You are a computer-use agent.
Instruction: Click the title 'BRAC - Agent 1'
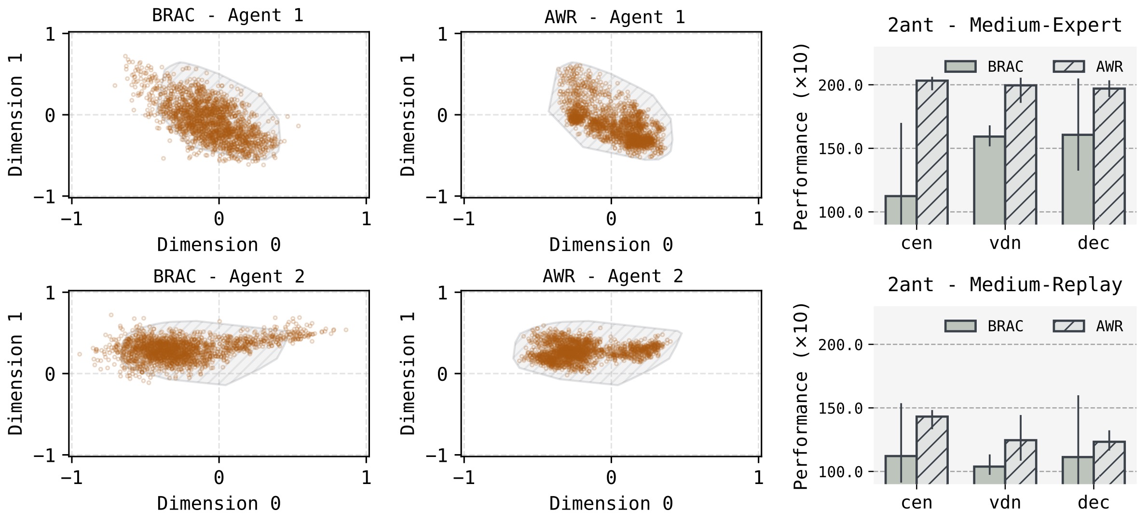228,15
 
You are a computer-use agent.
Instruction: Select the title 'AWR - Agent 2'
613,276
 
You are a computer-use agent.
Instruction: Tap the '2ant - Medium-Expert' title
1005,25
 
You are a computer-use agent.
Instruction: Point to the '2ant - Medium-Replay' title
1005,285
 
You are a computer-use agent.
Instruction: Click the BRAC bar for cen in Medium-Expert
901,210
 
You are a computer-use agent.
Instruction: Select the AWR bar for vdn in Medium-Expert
1021,154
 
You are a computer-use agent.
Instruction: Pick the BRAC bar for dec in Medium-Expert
1078,179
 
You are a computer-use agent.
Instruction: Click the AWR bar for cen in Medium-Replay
932,450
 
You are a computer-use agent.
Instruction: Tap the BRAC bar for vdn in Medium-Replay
989,475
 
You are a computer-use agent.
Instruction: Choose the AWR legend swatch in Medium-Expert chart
1069,67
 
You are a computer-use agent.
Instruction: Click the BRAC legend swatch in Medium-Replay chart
960,326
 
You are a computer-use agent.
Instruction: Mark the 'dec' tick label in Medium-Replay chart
1093,503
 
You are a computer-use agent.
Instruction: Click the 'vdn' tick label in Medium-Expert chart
1005,243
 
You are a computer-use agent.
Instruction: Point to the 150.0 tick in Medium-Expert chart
840,149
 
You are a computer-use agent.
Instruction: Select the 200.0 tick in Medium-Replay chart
840,345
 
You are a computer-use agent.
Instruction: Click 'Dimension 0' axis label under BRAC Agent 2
219,504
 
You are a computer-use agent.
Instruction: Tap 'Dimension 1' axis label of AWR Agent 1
408,115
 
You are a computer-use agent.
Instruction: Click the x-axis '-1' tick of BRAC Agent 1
71,219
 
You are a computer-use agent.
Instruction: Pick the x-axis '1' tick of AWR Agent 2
758,478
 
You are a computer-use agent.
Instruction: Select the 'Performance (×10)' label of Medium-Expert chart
801,136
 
